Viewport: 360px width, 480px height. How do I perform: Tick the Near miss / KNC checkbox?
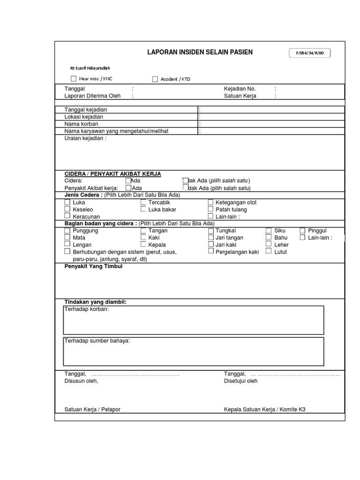point(73,79)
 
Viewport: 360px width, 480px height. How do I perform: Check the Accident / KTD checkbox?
point(155,79)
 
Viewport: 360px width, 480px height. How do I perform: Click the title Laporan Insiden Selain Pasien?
point(200,52)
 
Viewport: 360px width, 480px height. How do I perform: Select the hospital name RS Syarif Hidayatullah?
point(90,68)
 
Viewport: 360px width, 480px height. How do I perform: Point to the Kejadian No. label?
point(240,89)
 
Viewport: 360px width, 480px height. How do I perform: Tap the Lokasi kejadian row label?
point(84,117)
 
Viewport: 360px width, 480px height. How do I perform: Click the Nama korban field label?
point(81,124)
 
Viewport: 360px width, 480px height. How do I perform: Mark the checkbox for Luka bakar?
point(143,209)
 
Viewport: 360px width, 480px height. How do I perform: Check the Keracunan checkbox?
point(67,216)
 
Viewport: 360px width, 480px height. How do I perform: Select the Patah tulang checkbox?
point(210,210)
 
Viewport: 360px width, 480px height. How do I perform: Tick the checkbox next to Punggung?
point(67,231)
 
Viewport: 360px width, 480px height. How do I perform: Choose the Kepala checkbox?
point(143,244)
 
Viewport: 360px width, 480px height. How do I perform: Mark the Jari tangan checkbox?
point(210,238)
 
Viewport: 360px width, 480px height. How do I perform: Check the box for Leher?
point(269,244)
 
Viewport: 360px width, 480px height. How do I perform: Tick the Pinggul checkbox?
point(302,231)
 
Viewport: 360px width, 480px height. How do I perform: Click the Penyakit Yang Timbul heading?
point(93,266)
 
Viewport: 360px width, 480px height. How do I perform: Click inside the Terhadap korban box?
point(193,323)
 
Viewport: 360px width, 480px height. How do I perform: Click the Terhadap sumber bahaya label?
point(97,341)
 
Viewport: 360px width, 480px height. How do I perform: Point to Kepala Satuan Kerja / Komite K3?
point(264,409)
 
